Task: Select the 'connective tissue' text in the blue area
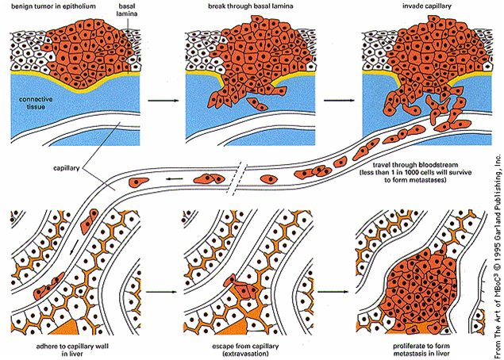tap(29, 101)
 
